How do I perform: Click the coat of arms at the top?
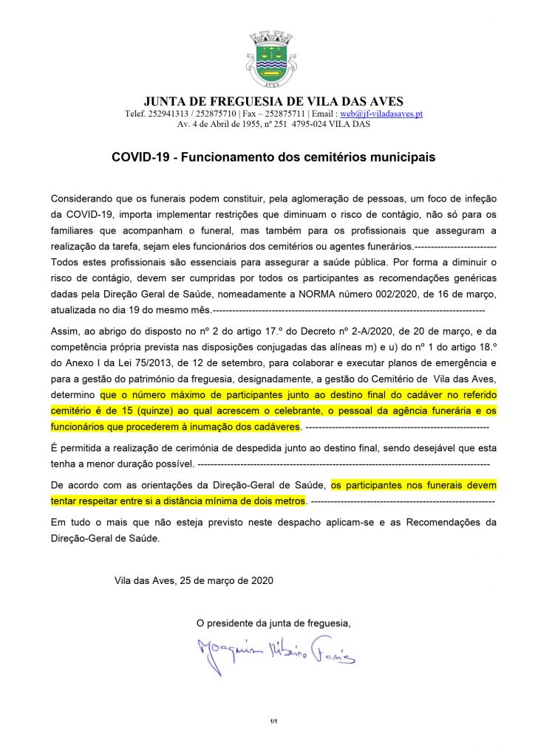click(269, 59)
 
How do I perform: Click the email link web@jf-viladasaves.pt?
click(381, 114)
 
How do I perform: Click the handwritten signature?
click(275, 650)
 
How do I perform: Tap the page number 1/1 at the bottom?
click(273, 720)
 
